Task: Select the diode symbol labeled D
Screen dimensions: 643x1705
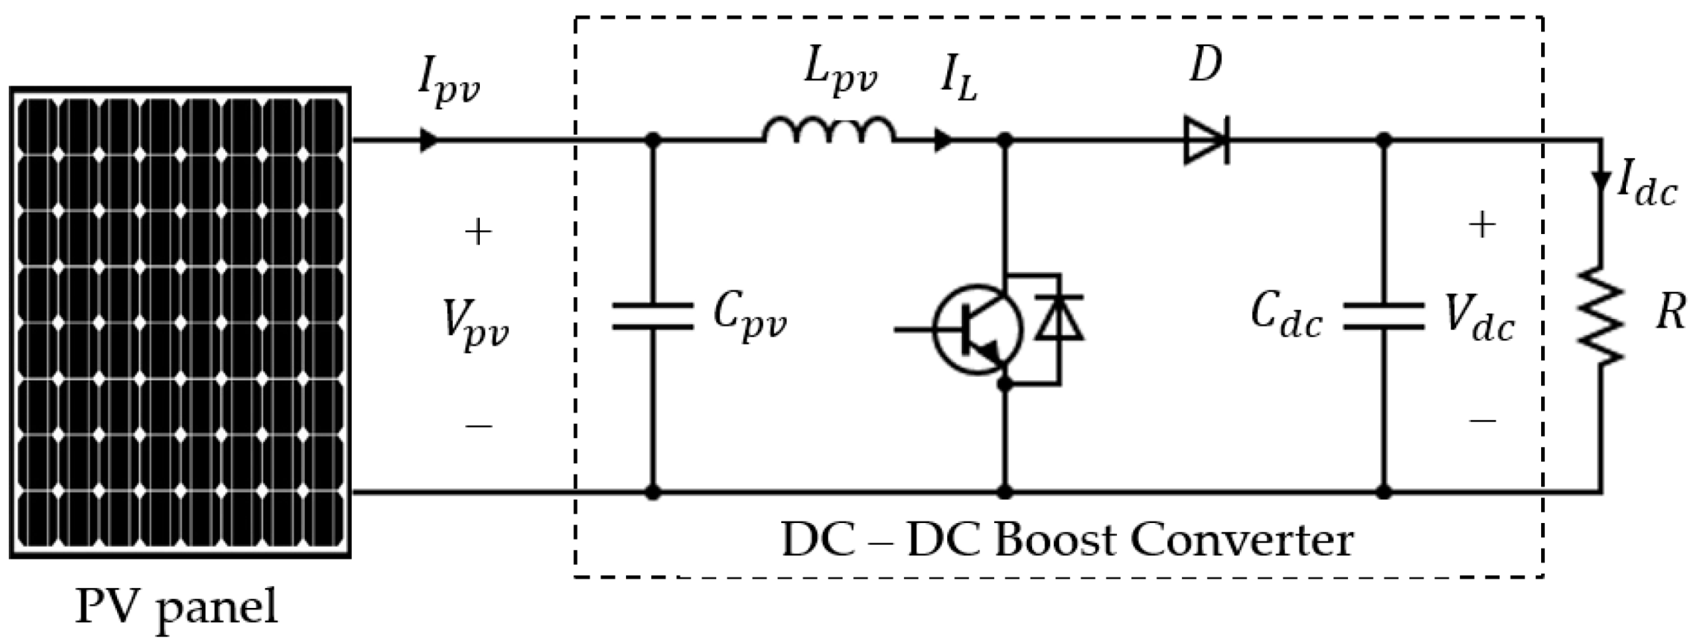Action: (1206, 140)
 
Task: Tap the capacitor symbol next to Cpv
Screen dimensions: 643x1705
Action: (652, 317)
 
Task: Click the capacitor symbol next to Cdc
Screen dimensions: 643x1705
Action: (1383, 317)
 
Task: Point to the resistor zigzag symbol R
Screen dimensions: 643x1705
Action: (1600, 316)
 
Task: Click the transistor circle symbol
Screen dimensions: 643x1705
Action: (978, 330)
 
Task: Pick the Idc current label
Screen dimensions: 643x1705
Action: (1646, 188)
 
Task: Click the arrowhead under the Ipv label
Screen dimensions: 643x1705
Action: (429, 140)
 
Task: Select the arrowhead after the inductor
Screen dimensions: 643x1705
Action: (944, 140)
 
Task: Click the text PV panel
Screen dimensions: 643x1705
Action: (177, 607)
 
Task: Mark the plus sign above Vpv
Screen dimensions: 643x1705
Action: (478, 232)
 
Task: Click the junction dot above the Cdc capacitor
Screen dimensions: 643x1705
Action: (1383, 140)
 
